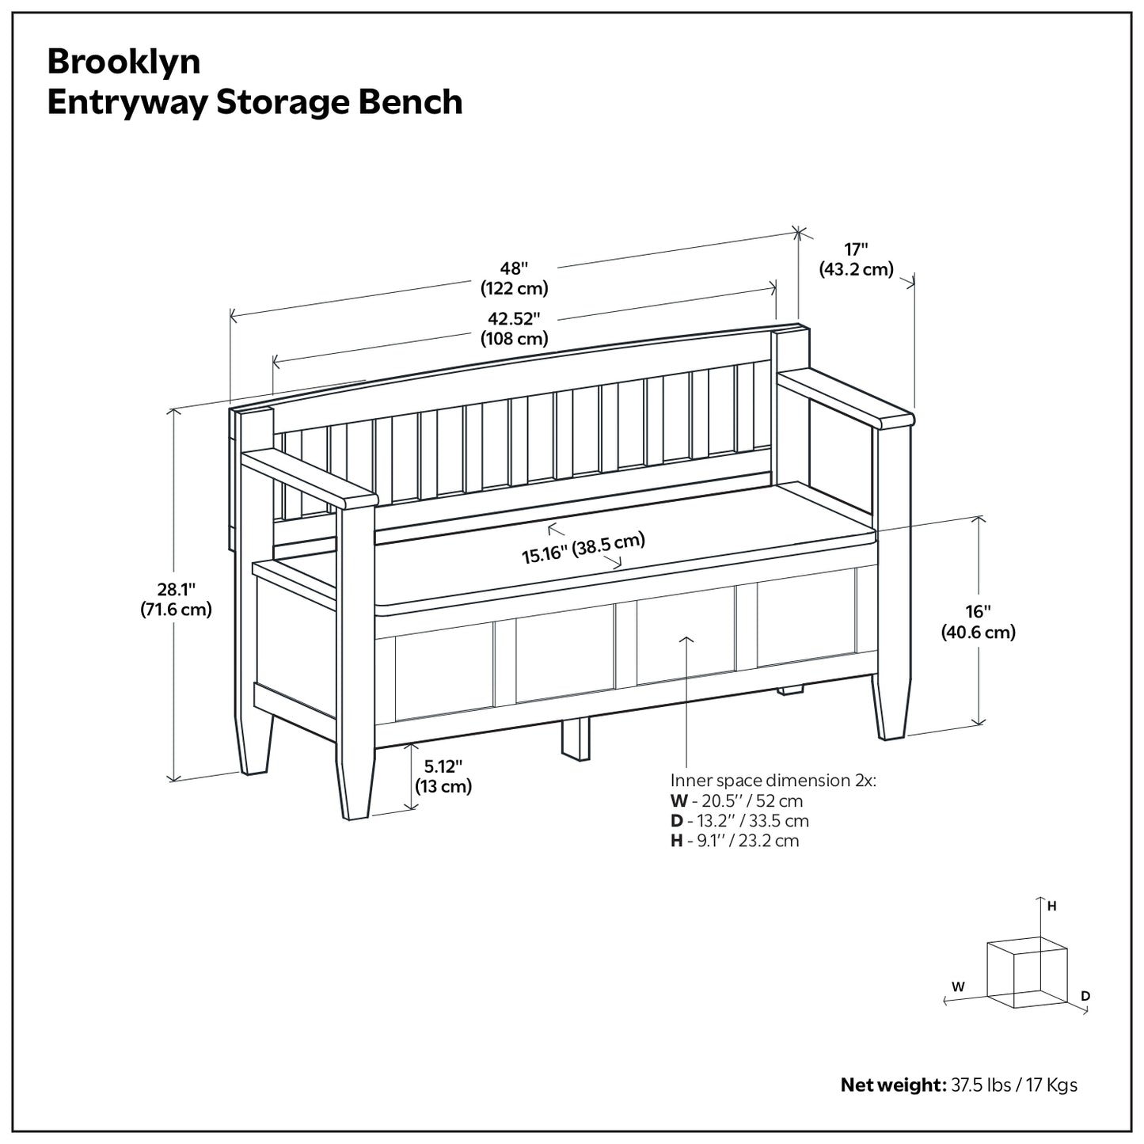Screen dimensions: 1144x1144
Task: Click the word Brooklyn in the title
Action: coord(124,62)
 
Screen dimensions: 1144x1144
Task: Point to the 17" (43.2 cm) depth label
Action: coord(856,259)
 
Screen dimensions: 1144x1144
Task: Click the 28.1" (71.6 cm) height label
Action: coord(176,599)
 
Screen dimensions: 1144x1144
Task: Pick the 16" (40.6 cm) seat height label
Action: coord(978,621)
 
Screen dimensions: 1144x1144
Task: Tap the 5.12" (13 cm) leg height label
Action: coord(443,776)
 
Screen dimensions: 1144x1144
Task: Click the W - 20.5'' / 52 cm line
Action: coord(736,801)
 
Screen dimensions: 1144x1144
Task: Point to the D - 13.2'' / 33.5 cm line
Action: coord(739,821)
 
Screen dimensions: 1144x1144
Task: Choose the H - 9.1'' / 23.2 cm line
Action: coord(735,841)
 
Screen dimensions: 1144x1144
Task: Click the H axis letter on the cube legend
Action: coord(1052,906)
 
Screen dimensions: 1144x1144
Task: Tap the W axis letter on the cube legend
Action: coord(958,986)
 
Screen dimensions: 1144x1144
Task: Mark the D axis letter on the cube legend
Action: coord(1085,995)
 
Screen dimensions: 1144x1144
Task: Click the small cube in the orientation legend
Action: coord(1027,972)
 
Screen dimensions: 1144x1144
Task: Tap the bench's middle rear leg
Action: coord(576,738)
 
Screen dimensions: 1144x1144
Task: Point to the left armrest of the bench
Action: coord(309,478)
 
